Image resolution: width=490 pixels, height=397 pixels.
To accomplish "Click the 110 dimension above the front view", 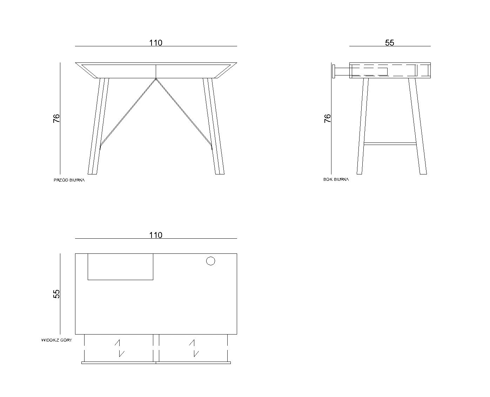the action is [156, 42].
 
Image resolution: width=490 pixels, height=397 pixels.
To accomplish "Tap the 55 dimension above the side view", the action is [389, 42].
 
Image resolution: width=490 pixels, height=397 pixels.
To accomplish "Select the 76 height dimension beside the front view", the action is [56, 118].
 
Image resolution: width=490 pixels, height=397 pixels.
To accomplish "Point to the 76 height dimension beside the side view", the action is [327, 118].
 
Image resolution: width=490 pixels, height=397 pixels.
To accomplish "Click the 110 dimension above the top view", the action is [156, 235].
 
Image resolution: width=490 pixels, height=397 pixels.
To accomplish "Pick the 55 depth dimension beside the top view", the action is [56, 294].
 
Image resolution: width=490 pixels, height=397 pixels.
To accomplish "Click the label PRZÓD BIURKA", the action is [69, 180].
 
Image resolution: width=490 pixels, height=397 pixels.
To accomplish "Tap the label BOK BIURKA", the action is [336, 179].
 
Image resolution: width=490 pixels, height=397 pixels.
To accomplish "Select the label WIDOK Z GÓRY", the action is [56, 340].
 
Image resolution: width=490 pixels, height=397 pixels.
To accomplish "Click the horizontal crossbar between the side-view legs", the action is [390, 144].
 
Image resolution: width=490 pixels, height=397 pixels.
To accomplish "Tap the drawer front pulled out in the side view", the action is [334, 71].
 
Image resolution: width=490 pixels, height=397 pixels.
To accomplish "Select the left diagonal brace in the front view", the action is [128, 113].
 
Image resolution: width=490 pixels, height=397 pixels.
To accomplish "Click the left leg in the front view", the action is [98, 126].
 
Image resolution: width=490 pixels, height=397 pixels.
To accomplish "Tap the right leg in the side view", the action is [417, 126].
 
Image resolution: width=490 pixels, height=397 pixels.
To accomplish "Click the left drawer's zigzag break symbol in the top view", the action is [120, 348].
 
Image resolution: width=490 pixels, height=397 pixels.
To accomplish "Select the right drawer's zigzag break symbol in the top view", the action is [194, 348].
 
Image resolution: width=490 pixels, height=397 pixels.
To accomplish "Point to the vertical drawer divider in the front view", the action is [156, 71].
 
